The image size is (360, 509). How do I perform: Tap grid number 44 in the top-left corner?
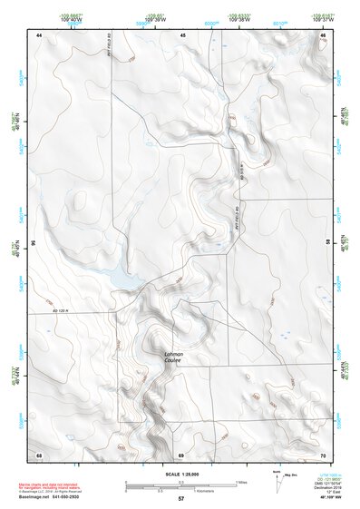click(x=39, y=34)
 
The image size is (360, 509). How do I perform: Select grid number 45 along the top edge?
click(x=182, y=34)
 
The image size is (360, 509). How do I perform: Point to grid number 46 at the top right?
click(x=323, y=34)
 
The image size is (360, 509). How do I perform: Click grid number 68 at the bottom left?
click(x=39, y=453)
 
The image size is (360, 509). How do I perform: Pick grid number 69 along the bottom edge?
click(x=181, y=453)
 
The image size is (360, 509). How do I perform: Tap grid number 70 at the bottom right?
click(x=323, y=453)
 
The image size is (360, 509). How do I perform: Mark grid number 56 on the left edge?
click(x=34, y=243)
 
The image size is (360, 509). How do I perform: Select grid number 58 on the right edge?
click(x=327, y=243)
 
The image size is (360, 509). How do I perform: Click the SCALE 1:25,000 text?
click(x=180, y=473)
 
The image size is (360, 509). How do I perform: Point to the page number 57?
click(x=180, y=499)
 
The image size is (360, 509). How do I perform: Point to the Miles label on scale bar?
click(x=241, y=481)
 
